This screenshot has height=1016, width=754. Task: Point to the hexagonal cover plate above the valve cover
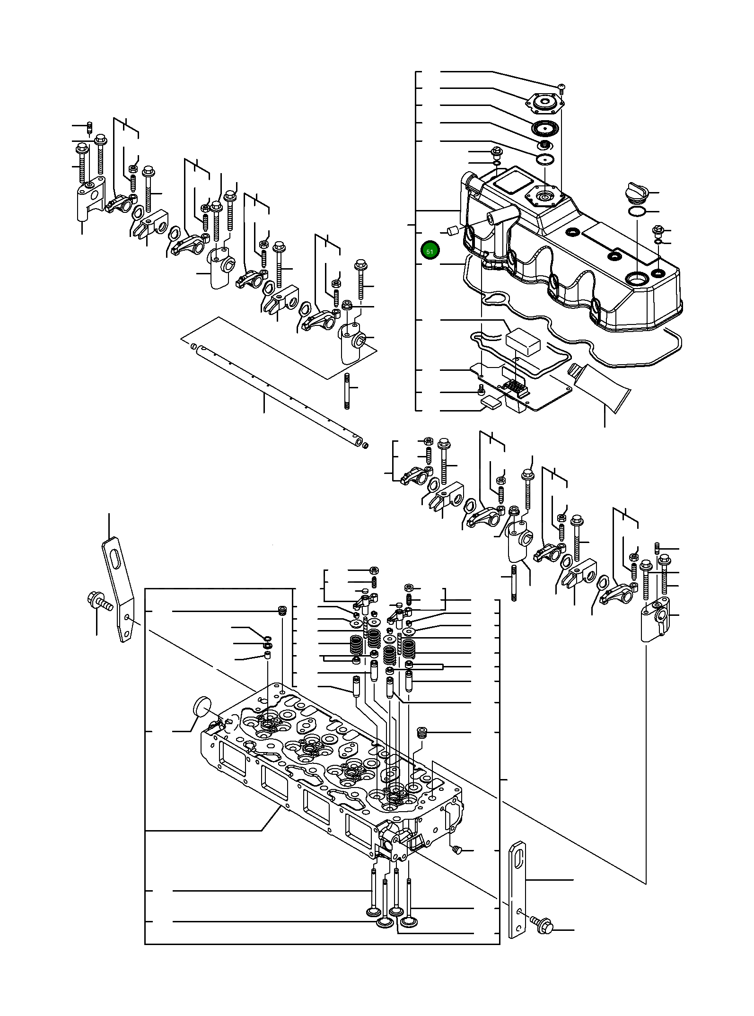(x=545, y=102)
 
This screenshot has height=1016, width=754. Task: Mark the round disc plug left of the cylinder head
(x=202, y=708)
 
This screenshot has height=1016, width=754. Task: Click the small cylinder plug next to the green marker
(x=451, y=231)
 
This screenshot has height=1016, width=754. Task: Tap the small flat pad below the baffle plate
(x=491, y=403)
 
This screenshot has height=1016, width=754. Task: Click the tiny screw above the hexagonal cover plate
(x=561, y=87)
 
